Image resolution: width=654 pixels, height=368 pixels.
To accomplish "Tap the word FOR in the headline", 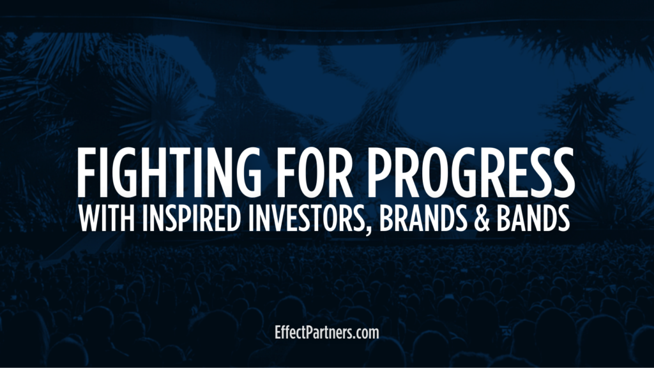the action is click(312, 172).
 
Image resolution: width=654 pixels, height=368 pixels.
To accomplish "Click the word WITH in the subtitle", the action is click(107, 218).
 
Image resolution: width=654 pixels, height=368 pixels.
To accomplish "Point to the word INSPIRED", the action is click(192, 218).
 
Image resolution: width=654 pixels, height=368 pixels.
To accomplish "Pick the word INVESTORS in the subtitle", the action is click(307, 218).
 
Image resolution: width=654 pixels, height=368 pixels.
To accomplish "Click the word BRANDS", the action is click(423, 218).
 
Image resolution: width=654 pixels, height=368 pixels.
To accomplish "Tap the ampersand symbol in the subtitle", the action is click(482, 218).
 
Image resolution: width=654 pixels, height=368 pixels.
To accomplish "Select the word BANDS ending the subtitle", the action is click(533, 218).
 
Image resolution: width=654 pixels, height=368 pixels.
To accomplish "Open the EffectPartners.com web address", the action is click(327, 333).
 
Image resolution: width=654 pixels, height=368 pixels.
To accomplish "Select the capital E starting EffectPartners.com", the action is click(278, 332).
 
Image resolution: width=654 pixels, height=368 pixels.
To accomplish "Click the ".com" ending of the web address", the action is click(366, 334).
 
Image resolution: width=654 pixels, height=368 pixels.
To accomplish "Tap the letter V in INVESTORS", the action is click(275, 218).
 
